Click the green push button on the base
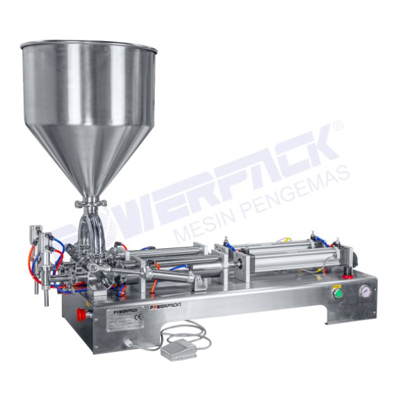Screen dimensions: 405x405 point(338,294)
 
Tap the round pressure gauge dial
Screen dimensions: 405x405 point(365,292)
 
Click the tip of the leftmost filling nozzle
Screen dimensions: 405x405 point(46,302)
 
